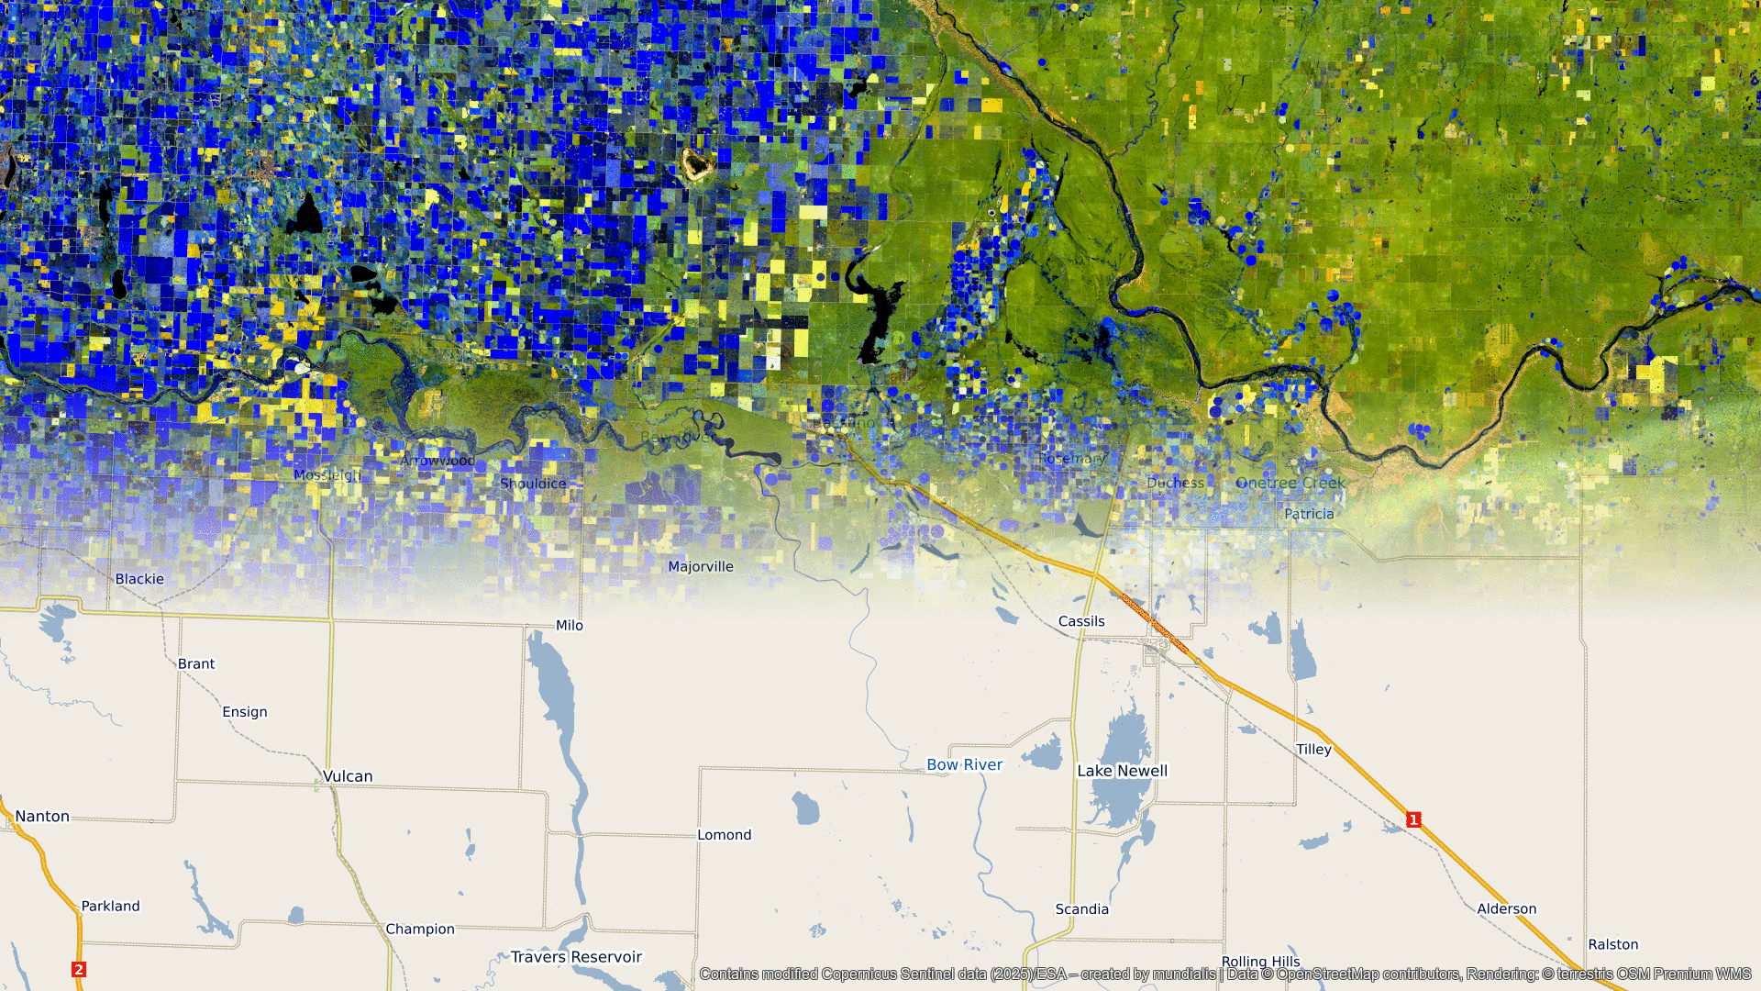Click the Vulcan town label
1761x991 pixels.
(x=348, y=776)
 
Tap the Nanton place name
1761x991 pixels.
(x=42, y=817)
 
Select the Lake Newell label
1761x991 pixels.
(x=1122, y=771)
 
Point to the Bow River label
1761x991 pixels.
(x=964, y=764)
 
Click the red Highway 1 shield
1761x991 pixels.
(x=1413, y=819)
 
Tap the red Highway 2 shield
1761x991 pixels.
(x=79, y=969)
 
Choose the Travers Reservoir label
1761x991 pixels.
(x=576, y=957)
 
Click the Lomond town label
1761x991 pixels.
(x=724, y=835)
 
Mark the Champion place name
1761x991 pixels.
(x=420, y=929)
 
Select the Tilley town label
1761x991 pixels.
(x=1313, y=750)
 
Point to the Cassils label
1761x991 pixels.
(x=1081, y=621)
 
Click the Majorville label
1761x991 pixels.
(x=701, y=567)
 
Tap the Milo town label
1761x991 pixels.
(x=570, y=625)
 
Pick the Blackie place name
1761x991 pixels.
(x=139, y=579)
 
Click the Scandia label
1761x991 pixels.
(x=1081, y=909)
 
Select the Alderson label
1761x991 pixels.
(x=1506, y=909)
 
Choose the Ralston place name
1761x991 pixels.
(x=1612, y=944)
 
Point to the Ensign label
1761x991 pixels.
(x=245, y=712)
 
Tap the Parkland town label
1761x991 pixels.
(x=111, y=906)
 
